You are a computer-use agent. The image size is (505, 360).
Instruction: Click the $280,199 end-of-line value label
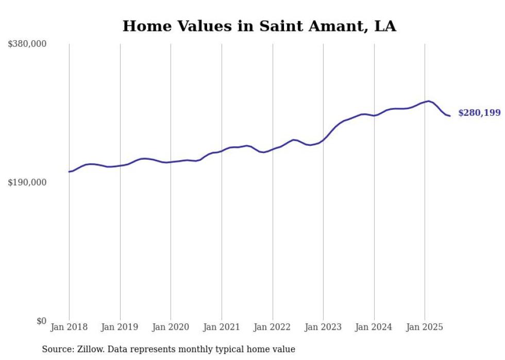[479, 113]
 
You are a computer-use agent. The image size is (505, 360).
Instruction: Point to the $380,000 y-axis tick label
[27, 44]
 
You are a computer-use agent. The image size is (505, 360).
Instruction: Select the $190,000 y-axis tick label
[27, 182]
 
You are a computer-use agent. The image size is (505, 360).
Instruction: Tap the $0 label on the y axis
[41, 321]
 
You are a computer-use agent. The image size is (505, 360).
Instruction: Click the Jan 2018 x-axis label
[69, 327]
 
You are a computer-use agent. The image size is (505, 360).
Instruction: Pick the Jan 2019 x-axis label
[120, 327]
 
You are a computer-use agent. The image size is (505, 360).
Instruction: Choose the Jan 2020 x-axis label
[171, 327]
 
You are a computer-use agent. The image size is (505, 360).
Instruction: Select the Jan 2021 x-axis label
[222, 327]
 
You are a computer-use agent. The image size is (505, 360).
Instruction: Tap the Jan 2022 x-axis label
[272, 327]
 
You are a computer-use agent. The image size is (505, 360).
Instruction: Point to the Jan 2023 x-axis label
[323, 327]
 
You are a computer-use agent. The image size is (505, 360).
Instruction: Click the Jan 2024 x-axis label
[374, 327]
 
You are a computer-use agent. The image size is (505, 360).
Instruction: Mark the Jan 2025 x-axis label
[425, 327]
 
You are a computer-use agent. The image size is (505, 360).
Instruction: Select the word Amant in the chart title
[337, 26]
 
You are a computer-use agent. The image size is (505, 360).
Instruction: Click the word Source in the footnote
[56, 349]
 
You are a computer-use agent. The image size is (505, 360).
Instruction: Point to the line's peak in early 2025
[428, 101]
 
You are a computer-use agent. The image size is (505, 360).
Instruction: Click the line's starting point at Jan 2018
[69, 172]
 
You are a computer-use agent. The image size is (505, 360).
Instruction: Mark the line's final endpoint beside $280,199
[450, 116]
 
